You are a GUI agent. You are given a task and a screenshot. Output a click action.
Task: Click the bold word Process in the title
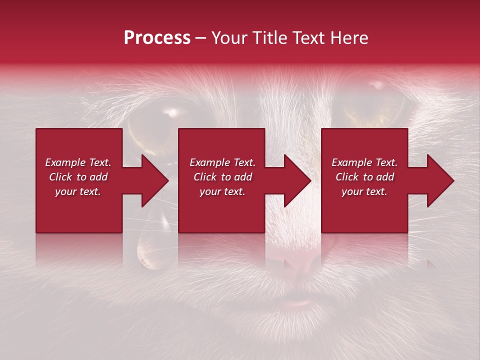click(x=157, y=38)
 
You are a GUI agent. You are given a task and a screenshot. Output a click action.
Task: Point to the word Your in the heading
click(x=230, y=38)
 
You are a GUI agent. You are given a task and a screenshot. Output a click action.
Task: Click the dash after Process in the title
click(x=200, y=38)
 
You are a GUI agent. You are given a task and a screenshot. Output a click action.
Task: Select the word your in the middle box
click(x=210, y=191)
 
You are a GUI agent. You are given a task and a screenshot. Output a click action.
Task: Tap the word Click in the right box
click(x=348, y=177)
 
